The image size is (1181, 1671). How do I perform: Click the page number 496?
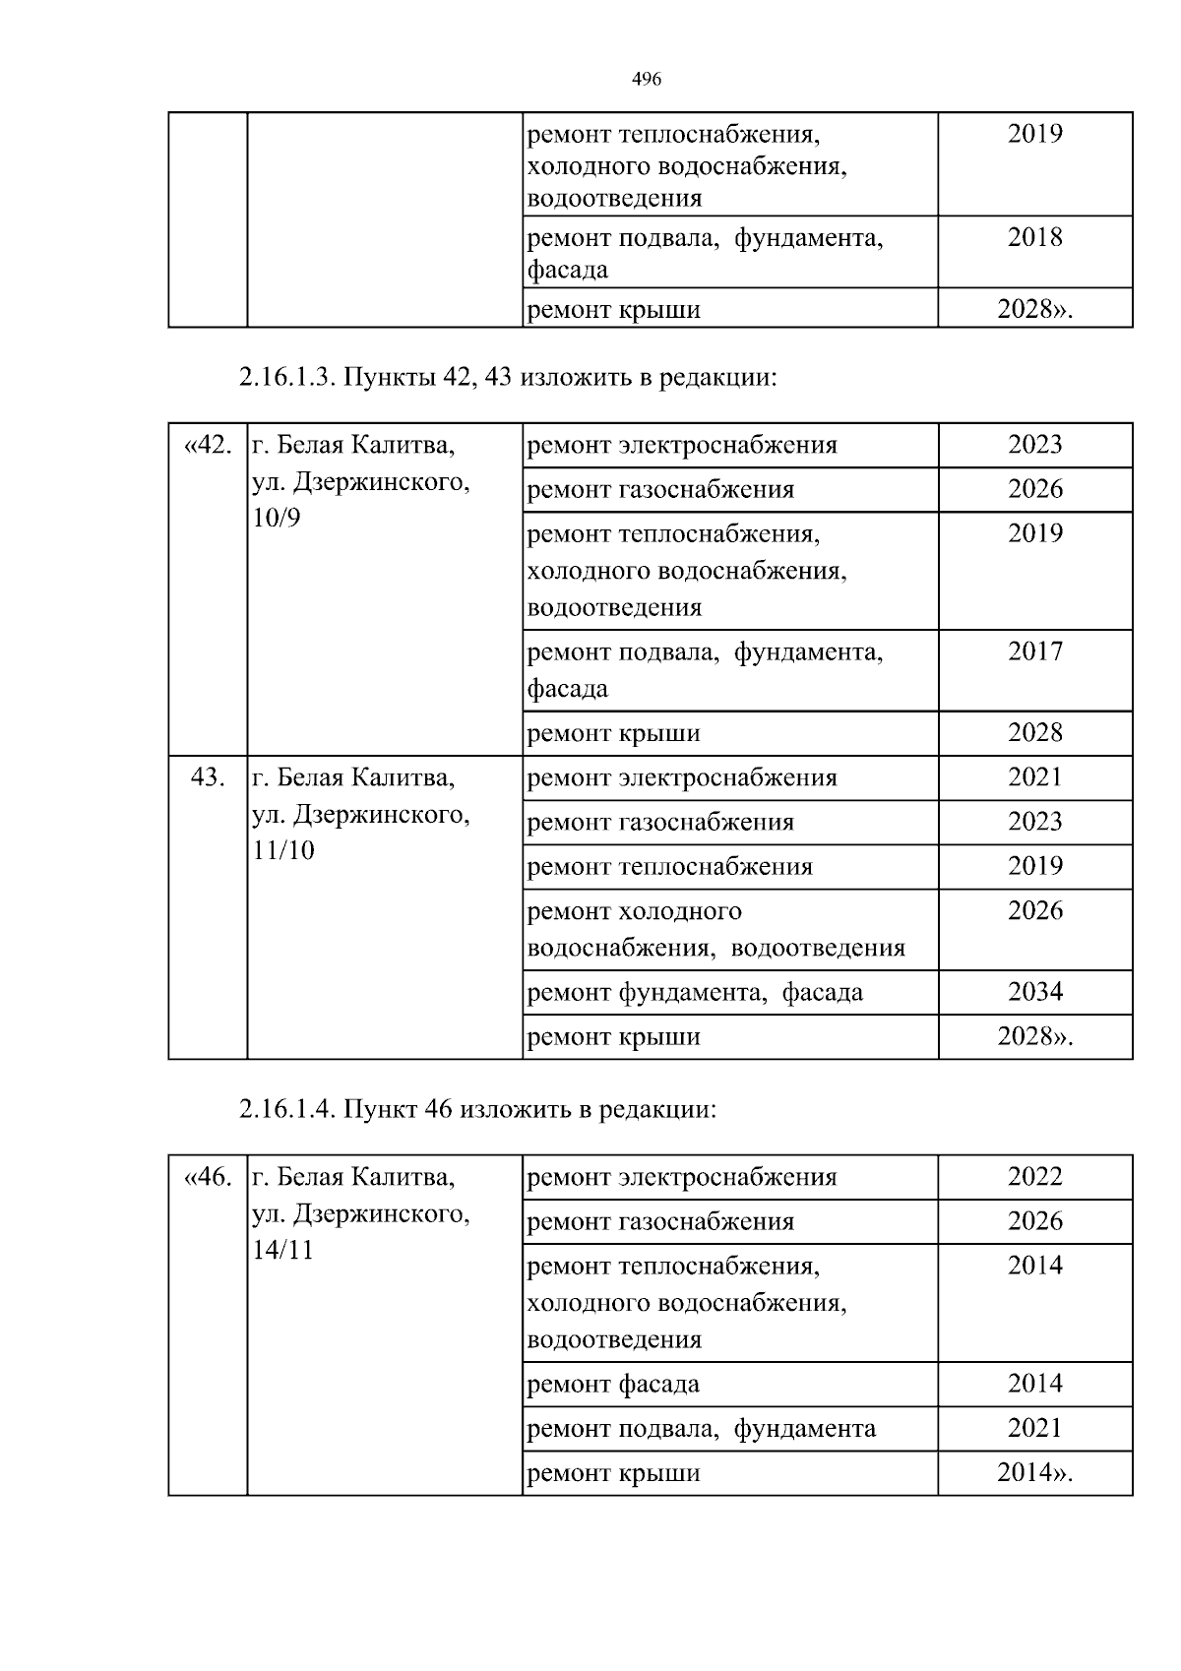(645, 80)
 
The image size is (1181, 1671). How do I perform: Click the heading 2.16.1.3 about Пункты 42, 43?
(508, 378)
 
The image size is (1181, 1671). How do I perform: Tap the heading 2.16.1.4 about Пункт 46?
(477, 1110)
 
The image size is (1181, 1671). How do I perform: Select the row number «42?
(208, 446)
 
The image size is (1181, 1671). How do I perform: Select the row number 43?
(208, 778)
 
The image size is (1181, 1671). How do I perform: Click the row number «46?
(208, 1178)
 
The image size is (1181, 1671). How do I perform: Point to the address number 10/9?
(277, 519)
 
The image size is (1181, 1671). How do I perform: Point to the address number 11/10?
(283, 851)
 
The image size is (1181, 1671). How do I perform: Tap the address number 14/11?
(283, 1251)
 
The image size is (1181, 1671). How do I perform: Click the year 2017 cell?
(1034, 651)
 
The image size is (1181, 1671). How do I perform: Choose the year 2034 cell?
(1034, 992)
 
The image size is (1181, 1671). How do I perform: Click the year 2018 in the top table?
(1034, 237)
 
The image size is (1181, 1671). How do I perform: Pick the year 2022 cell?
(1034, 1177)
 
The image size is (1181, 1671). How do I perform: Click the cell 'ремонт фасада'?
(613, 1385)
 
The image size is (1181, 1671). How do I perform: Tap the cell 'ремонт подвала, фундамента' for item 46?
(701, 1429)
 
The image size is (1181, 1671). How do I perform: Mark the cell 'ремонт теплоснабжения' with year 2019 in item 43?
(670, 867)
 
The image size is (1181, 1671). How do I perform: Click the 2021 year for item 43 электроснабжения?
(1034, 777)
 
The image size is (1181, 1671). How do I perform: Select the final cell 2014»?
(1034, 1473)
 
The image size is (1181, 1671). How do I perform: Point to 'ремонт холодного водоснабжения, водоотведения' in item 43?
(715, 930)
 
